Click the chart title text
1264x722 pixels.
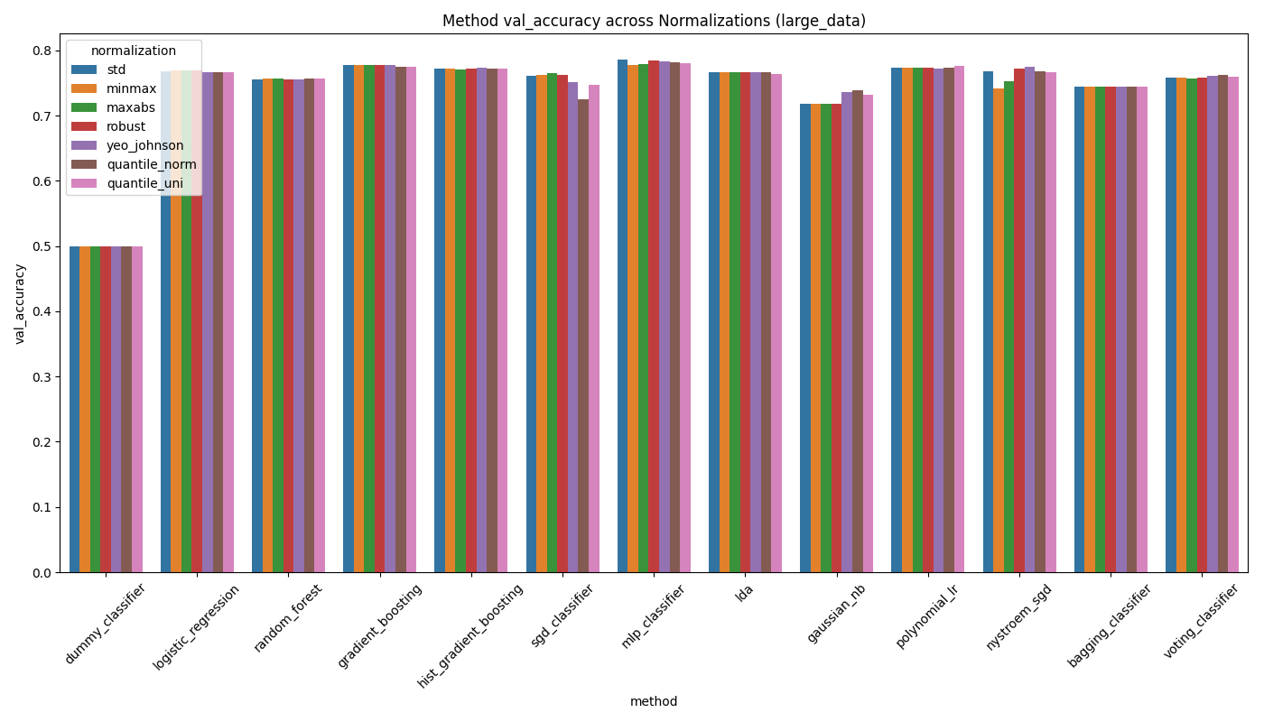(654, 21)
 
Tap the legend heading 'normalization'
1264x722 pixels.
(134, 51)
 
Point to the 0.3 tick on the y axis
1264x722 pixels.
(42, 377)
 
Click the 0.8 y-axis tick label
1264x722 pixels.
(42, 51)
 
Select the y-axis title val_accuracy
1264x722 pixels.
(20, 303)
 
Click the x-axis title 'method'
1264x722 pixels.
(654, 701)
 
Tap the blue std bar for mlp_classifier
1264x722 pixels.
(623, 316)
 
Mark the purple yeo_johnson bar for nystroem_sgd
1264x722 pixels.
(1029, 319)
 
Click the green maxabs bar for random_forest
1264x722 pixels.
(278, 325)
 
